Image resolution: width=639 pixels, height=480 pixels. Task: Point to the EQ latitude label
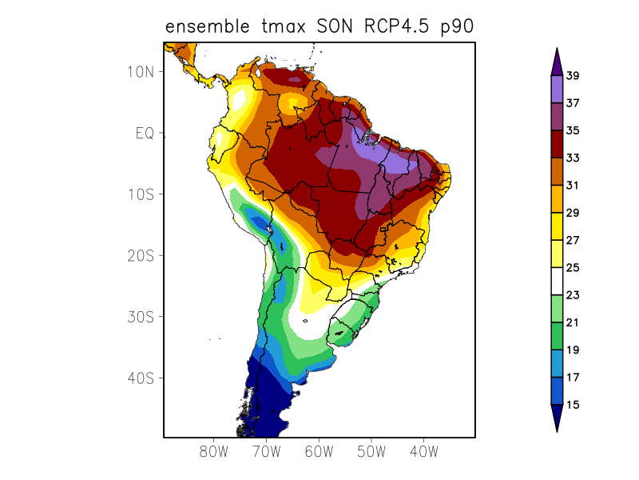pos(145,133)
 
